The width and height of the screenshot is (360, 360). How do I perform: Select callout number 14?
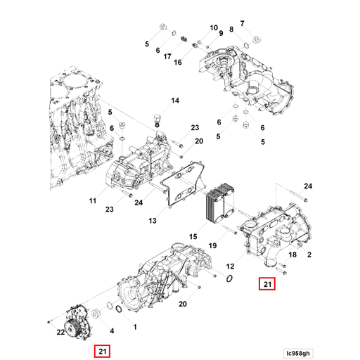click(174, 101)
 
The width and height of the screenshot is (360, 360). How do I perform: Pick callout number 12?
click(229, 266)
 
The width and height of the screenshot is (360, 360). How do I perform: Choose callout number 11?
click(92, 201)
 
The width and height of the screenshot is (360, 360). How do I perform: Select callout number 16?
click(177, 62)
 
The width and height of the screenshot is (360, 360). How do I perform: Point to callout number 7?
click(243, 23)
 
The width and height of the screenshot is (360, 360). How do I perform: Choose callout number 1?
click(134, 328)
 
